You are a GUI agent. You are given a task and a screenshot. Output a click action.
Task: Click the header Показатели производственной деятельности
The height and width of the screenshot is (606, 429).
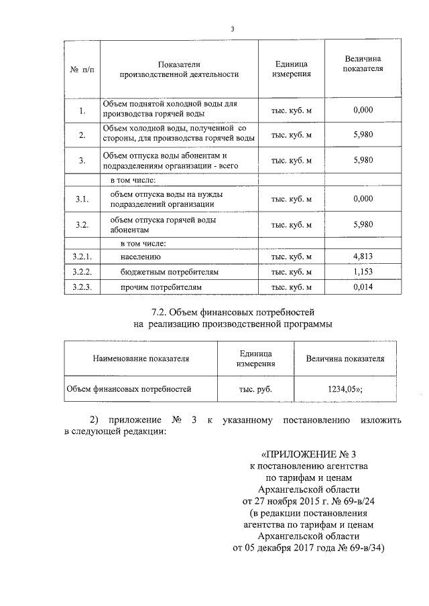click(x=179, y=69)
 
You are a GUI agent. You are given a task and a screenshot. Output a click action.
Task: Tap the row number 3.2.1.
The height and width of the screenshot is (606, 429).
click(x=82, y=256)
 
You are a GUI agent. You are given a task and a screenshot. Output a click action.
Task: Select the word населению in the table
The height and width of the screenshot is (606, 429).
click(x=141, y=257)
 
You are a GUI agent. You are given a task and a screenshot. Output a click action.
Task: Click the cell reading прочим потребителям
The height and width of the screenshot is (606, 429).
click(x=160, y=287)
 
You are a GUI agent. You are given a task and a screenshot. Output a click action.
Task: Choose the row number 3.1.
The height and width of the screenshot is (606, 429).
click(x=82, y=200)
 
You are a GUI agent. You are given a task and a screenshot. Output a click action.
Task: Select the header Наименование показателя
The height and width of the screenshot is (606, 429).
click(x=141, y=358)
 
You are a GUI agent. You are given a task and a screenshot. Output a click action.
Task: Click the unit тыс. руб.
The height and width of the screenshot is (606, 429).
click(x=256, y=388)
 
